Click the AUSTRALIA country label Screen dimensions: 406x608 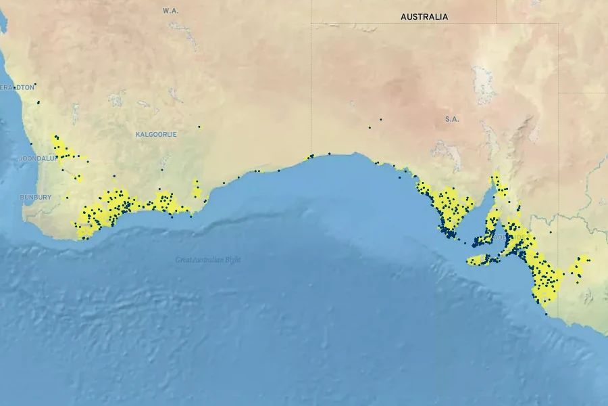pos(424,17)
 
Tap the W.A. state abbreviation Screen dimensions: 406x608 pos(170,11)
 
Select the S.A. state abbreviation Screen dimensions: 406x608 pos(452,119)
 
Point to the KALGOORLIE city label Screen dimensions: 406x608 pos(156,134)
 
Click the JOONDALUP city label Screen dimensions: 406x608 pos(20,158)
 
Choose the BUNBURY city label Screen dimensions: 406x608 pos(35,197)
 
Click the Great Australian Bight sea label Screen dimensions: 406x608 pos(208,259)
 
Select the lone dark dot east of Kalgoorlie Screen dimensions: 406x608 pos(199,127)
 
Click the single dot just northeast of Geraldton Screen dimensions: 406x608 pos(35,85)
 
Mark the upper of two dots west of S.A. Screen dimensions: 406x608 pos(380,120)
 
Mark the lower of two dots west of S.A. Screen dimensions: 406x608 pos(370,127)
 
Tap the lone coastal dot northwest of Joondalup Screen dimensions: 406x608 pos(31,143)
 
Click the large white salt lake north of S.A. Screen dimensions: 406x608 pos(483,85)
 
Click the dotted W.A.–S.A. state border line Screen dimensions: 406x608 pos(311,81)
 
